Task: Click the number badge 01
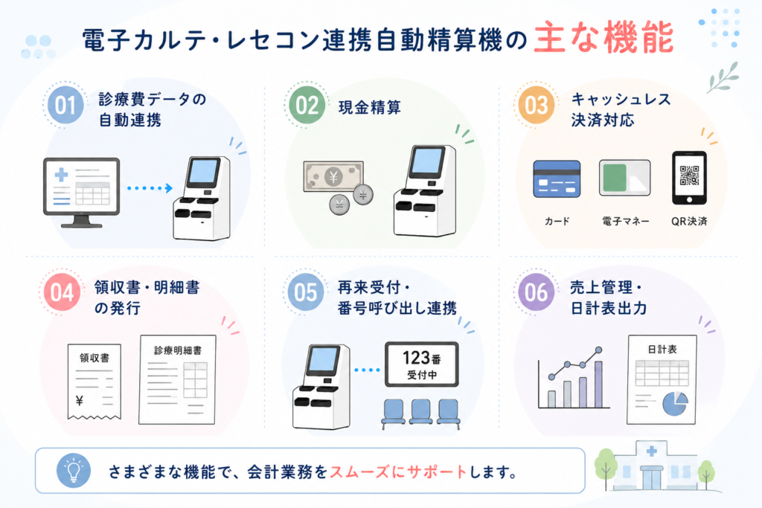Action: click(65, 106)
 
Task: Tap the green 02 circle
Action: click(307, 105)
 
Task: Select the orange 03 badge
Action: click(537, 105)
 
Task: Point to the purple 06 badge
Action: click(537, 292)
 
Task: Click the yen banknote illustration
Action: click(333, 177)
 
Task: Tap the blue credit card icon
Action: click(557, 179)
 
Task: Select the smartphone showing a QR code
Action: click(689, 178)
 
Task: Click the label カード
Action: click(557, 222)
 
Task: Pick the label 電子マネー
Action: click(625, 222)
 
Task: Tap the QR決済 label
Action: click(689, 222)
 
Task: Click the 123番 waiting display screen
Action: click(422, 364)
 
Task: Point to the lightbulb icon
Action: click(74, 471)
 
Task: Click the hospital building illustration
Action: click(651, 466)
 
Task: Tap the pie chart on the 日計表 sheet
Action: click(676, 403)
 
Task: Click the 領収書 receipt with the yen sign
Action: click(95, 382)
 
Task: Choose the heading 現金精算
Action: click(370, 107)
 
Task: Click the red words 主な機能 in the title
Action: click(603, 37)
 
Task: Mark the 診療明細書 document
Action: click(177, 379)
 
